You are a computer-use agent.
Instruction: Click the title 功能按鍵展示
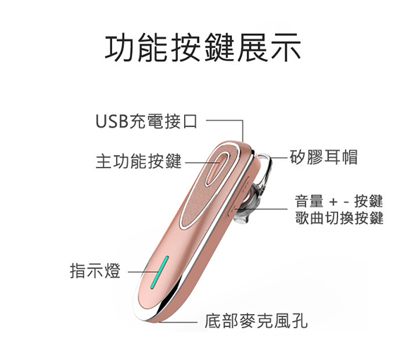point(202,48)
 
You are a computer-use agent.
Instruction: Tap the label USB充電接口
point(146,121)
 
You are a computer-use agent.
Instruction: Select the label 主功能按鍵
point(138,161)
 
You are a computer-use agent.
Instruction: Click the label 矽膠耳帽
point(324,157)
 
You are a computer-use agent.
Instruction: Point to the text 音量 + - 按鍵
point(339,201)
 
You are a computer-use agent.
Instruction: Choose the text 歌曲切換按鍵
point(339,218)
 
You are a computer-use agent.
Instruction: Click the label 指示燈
point(95,271)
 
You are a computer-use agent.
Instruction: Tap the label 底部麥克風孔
point(256,321)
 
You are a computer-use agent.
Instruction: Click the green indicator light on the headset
point(159,273)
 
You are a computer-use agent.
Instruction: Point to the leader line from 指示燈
point(143,272)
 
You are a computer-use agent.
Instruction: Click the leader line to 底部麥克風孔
point(178,322)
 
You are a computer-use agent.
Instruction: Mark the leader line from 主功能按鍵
point(202,163)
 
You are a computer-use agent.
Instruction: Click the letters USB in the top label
point(112,121)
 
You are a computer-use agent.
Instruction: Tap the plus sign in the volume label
point(334,201)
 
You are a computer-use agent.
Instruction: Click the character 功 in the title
point(120,48)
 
